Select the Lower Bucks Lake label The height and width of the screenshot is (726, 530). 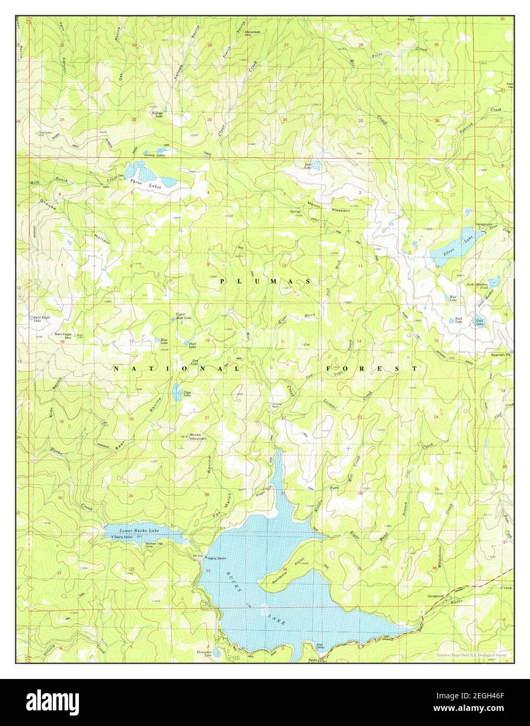point(139,531)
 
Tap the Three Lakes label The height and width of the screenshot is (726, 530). point(139,182)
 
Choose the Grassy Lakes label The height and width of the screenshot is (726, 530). point(155,155)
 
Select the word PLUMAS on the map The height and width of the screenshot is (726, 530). point(266,281)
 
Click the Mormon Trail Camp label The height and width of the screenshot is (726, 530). point(155,546)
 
